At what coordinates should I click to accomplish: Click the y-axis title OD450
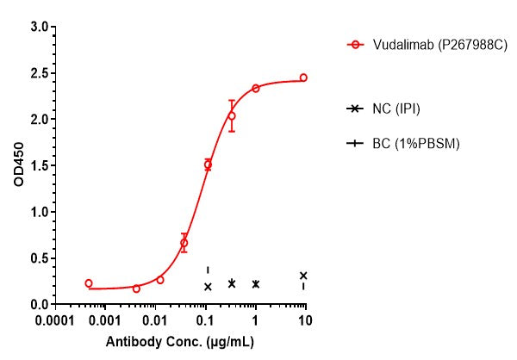[17, 165]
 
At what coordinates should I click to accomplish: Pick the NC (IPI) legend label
[396, 109]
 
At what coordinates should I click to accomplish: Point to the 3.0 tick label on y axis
[38, 27]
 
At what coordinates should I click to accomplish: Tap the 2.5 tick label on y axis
[38, 73]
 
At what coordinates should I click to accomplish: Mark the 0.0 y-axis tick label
[38, 304]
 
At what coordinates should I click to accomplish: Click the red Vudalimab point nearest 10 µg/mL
[303, 78]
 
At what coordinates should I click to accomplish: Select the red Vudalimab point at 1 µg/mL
[256, 88]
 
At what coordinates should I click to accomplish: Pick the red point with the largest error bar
[231, 115]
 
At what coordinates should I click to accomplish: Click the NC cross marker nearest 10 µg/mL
[303, 276]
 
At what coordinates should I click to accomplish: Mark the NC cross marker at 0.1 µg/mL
[208, 287]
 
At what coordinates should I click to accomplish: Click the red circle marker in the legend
[352, 43]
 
